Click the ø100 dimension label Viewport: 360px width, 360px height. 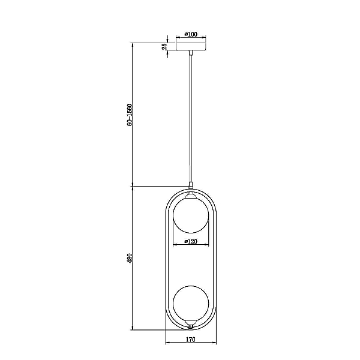(191, 34)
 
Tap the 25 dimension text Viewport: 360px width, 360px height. (164, 47)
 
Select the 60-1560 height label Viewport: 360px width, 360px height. (130, 115)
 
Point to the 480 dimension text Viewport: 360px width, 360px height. (130, 258)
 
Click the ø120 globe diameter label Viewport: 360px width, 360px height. (191, 241)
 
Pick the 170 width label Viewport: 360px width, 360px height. (191, 340)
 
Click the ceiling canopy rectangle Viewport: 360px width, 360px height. (191, 47)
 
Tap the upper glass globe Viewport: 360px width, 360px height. (191, 215)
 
